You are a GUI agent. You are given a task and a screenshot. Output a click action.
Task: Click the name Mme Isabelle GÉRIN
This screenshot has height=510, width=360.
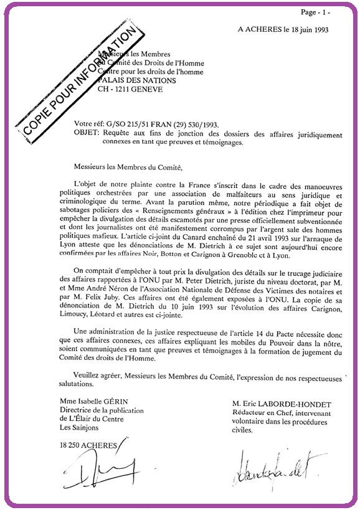pyautogui.click(x=98, y=402)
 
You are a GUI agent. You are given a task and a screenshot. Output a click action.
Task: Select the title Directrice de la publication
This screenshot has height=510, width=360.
pyautogui.click(x=102, y=410)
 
